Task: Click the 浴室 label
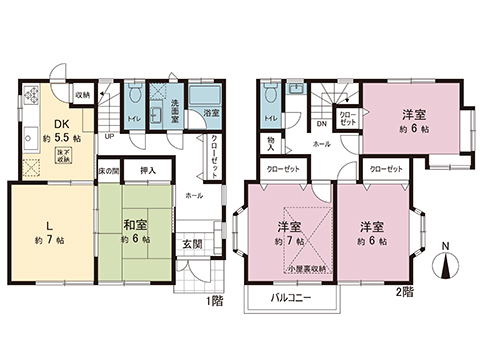coord(212,114)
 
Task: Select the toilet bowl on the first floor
coord(133,99)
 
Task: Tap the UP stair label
coord(108,137)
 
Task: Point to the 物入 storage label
coord(271,139)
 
